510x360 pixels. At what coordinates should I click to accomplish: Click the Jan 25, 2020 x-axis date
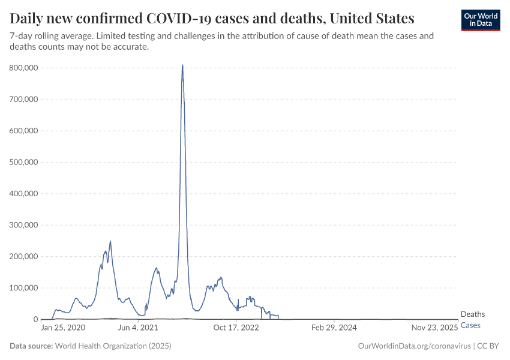pyautogui.click(x=64, y=328)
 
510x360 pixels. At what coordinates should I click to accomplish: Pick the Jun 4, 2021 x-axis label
pyautogui.click(x=139, y=328)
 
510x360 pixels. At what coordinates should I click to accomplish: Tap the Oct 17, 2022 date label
pyautogui.click(x=236, y=328)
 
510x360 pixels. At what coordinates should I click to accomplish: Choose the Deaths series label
pyautogui.click(x=473, y=314)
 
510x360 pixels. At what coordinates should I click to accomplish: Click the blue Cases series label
pyautogui.click(x=470, y=325)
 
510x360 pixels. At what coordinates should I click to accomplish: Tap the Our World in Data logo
pyautogui.click(x=481, y=19)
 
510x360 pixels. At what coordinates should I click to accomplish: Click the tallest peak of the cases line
pyautogui.click(x=182, y=65)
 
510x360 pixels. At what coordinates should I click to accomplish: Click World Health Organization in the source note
pyautogui.click(x=113, y=346)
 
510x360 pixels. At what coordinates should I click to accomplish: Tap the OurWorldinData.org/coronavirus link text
pyautogui.click(x=413, y=346)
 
